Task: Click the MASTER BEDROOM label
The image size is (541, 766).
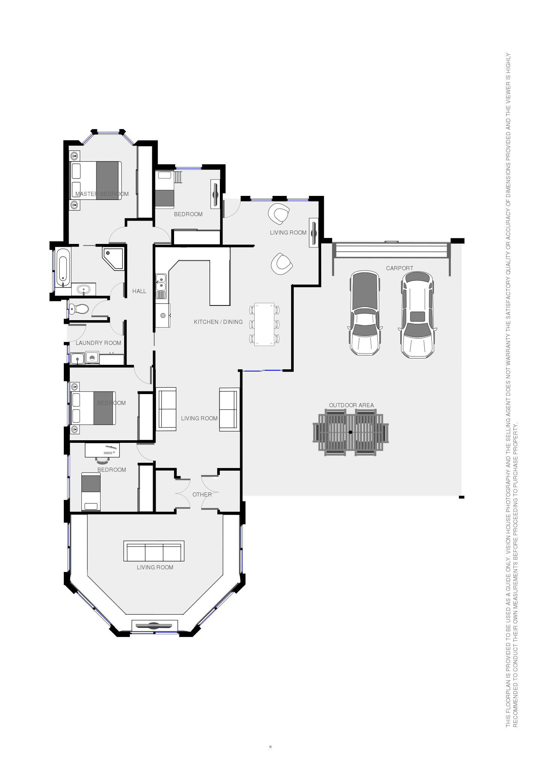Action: click(102, 194)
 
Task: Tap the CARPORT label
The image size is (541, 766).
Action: click(400, 268)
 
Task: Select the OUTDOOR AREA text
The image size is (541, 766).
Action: click(352, 405)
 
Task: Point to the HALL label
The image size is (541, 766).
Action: click(139, 291)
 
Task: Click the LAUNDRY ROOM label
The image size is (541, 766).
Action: click(99, 343)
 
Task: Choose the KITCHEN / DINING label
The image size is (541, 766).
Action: click(218, 322)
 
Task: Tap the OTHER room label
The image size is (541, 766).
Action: click(202, 495)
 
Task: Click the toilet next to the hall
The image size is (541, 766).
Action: click(79, 309)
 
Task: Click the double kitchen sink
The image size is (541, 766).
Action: click(161, 286)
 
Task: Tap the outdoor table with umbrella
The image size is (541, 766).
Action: click(351, 432)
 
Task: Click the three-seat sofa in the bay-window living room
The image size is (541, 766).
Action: click(154, 551)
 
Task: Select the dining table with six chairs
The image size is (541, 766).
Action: click(264, 324)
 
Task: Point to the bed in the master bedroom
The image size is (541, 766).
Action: click(96, 181)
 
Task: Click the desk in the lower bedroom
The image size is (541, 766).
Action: click(102, 450)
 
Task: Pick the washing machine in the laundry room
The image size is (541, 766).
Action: click(92, 358)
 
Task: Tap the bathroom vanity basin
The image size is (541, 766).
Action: click(83, 289)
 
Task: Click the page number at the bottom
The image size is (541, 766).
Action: click(270, 747)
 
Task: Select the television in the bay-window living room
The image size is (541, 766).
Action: click(154, 626)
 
